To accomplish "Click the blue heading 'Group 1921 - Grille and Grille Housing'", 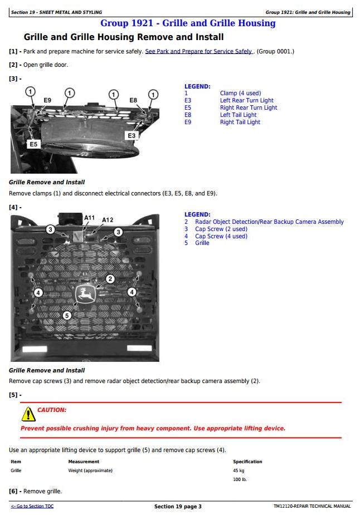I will (188, 23).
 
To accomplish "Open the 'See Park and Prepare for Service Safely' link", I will (199, 52).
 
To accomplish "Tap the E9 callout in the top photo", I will (47, 101).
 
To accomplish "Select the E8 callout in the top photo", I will (133, 100).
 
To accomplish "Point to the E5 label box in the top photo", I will (33, 144).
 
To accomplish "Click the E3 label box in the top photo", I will (132, 135).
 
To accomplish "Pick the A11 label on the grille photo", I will (89, 218).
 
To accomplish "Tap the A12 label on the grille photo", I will (108, 220).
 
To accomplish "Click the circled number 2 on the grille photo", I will (110, 279).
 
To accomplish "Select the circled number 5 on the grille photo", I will (67, 316).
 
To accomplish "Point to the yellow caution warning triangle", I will (28, 415).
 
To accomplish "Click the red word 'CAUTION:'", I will (52, 410).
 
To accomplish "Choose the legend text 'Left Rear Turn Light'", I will (246, 101).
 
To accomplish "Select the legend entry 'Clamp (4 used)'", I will (240, 94).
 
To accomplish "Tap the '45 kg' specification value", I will (239, 470).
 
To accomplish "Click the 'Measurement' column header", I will (84, 462).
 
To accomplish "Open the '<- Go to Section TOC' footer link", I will (32, 506).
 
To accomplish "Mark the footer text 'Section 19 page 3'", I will (178, 507).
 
